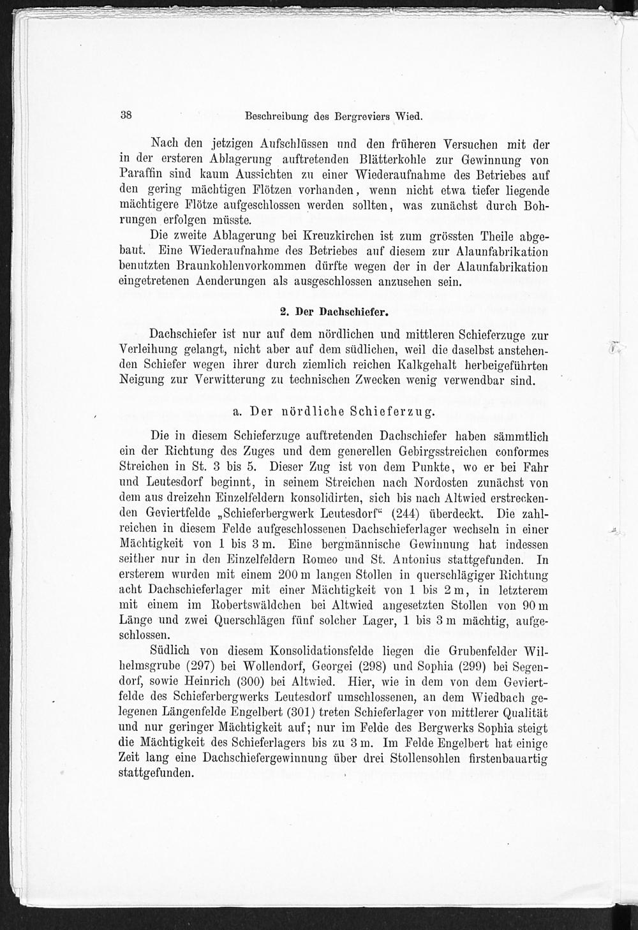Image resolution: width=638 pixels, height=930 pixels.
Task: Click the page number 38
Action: (x=125, y=116)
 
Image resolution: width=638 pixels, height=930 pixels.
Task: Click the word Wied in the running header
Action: (x=409, y=117)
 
